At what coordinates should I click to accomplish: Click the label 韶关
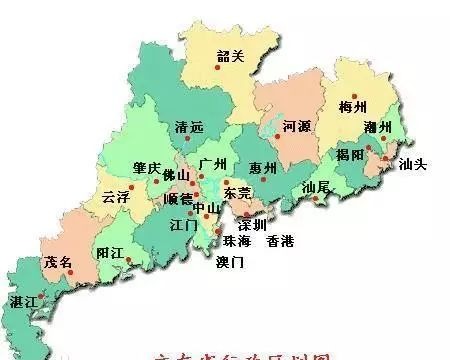pyautogui.click(x=230, y=57)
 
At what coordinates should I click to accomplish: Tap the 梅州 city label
pyautogui.click(x=354, y=106)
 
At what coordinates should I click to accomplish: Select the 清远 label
pyautogui.click(x=189, y=130)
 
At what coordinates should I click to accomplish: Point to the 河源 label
pyautogui.click(x=299, y=128)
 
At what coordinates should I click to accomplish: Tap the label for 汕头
pyautogui.click(x=412, y=163)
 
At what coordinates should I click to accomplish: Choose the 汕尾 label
pyautogui.click(x=316, y=186)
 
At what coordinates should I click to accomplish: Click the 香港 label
pyautogui.click(x=280, y=241)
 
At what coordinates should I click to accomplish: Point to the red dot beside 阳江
pyautogui.click(x=126, y=254)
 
